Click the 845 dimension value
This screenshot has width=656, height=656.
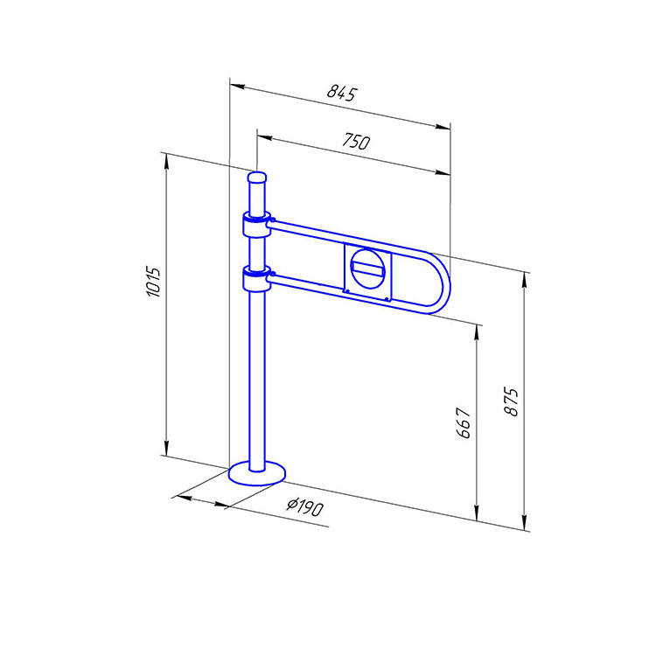[x=342, y=93]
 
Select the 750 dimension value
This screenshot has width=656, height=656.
[x=356, y=141]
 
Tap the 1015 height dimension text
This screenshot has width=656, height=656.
[x=154, y=282]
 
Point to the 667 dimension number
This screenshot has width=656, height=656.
[x=464, y=422]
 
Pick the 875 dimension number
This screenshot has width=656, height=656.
[x=511, y=401]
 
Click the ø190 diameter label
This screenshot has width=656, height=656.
[x=305, y=506]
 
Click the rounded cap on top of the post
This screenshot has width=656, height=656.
[x=257, y=178]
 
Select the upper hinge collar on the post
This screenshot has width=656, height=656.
[x=257, y=225]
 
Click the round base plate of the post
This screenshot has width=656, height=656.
[x=257, y=473]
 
